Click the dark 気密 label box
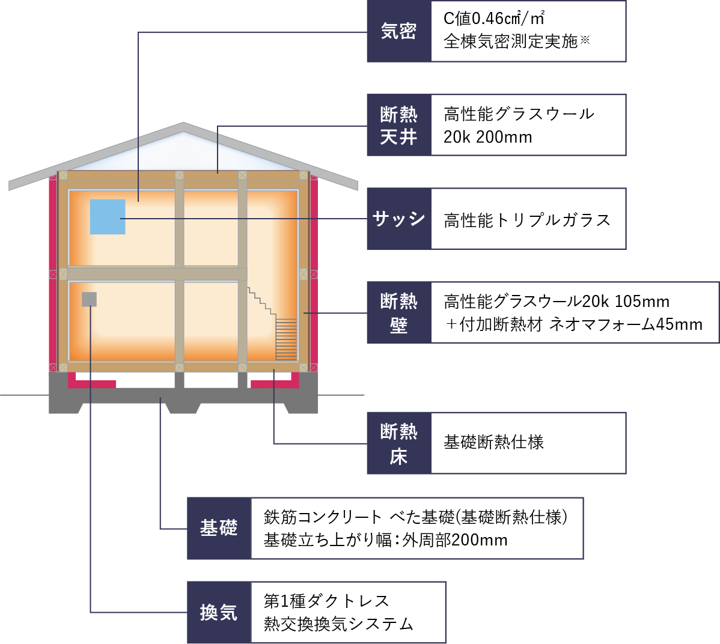(x=399, y=31)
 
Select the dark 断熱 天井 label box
(x=399, y=125)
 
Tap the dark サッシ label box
(x=399, y=219)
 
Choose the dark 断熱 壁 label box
(x=399, y=312)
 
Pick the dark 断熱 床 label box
(x=399, y=443)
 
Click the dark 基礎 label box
(x=219, y=528)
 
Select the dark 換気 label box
(x=219, y=612)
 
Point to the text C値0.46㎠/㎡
(x=494, y=19)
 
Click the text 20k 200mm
(x=487, y=137)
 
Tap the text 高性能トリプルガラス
(x=527, y=220)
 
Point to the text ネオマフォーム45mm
(x=626, y=324)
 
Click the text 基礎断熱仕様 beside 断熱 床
(x=493, y=442)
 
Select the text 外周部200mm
(x=455, y=540)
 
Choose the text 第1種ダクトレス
(x=326, y=601)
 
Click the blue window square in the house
(x=108, y=217)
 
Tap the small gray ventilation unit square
(x=89, y=299)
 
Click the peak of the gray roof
(x=183, y=124)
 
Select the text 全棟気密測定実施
(x=510, y=41)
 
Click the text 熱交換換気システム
(x=338, y=624)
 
